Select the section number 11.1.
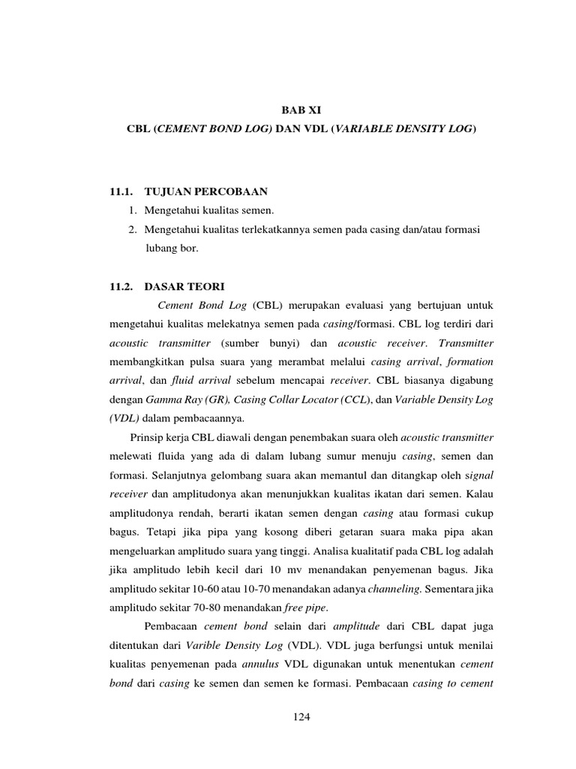click(x=121, y=191)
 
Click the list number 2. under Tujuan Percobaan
click(x=133, y=228)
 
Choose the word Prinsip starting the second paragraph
click(x=151, y=437)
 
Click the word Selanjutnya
click(x=187, y=476)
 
